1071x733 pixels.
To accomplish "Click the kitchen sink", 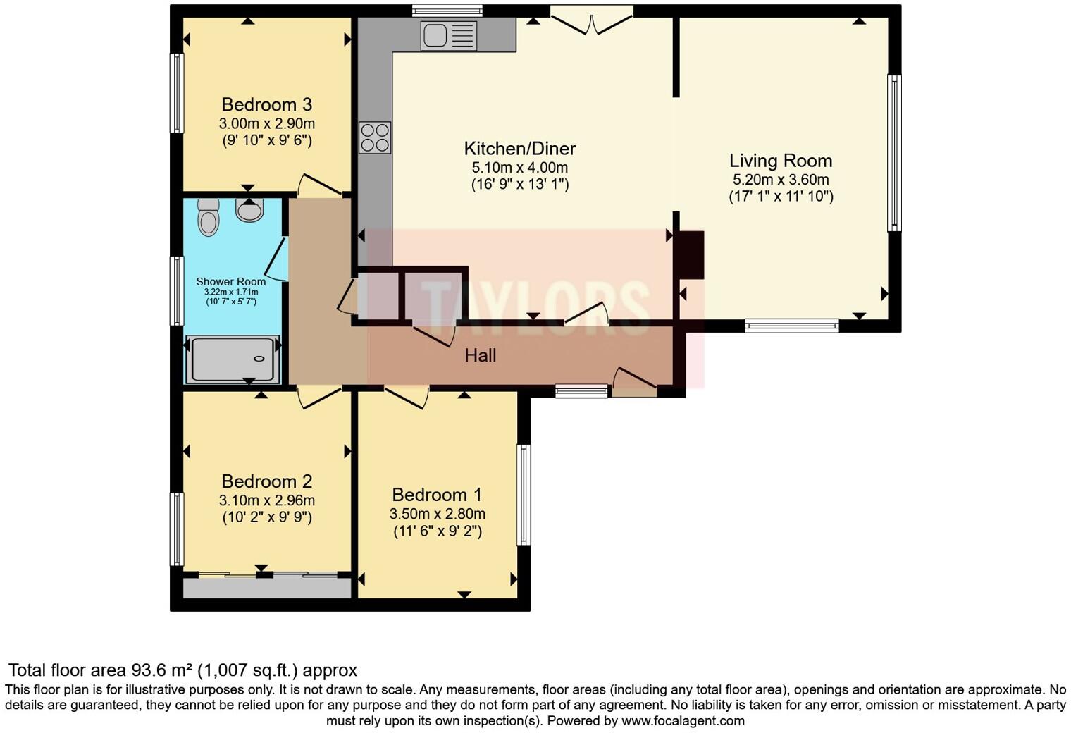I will pos(449,35).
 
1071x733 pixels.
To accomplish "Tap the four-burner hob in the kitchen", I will pos(375,137).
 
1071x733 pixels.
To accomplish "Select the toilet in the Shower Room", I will pos(209,216).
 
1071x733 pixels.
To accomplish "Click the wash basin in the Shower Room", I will pos(249,210).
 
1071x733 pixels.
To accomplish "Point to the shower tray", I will pos(233,359).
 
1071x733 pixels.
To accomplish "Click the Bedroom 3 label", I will pos(266,105).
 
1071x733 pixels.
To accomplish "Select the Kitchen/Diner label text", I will pos(519,149).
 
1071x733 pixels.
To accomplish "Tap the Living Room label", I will pos(780,161).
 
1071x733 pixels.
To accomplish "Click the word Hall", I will pos(480,355).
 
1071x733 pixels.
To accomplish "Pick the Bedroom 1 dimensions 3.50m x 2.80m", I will pos(437,514).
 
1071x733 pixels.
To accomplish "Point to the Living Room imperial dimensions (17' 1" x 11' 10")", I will pos(781,197).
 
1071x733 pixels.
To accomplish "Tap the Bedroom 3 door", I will pos(321,185).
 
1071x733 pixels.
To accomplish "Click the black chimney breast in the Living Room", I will pos(690,254).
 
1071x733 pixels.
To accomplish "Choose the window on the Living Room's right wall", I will pos(893,153).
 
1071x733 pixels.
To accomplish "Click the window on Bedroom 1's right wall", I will pos(524,495).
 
